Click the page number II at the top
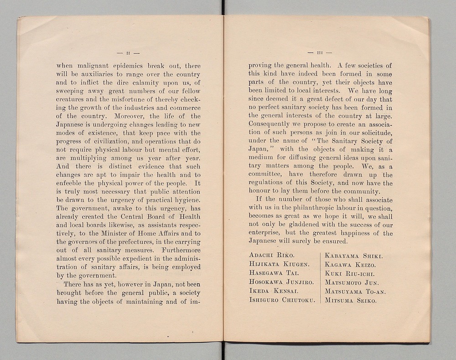pyautogui.click(x=128, y=52)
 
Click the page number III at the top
pyautogui.click(x=320, y=52)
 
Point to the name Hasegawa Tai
pyautogui.click(x=274, y=272)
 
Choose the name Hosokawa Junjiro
pyautogui.click(x=282, y=282)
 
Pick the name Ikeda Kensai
pyautogui.click(x=274, y=291)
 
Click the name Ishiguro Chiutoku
pyautogui.click(x=282, y=300)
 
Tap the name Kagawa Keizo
pyautogui.click(x=350, y=265)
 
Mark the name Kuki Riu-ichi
pyautogui.click(x=349, y=274)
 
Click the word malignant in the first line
pyautogui.click(x=98, y=66)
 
